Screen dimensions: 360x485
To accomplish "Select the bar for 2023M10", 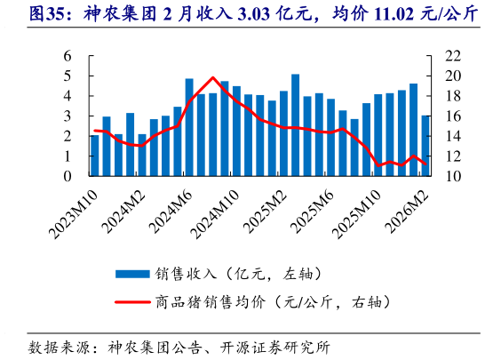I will click(x=95, y=156).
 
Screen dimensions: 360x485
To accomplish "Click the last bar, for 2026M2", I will click(x=425, y=146).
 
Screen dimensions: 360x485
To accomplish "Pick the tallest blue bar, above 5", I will click(x=296, y=124).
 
